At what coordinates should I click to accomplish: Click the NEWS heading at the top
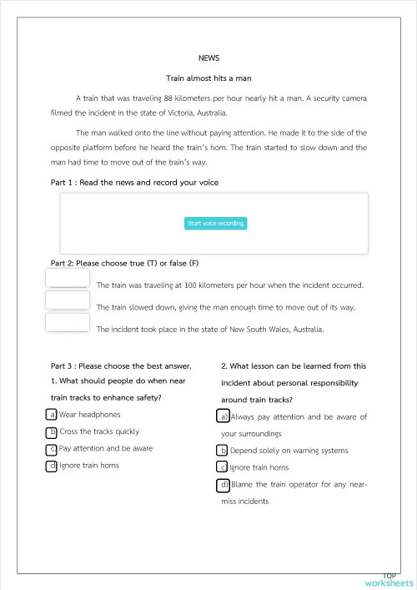(208, 58)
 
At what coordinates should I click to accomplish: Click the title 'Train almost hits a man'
(208, 78)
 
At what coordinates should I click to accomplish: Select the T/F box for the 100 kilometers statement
(68, 279)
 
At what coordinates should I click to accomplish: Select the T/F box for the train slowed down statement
(68, 300)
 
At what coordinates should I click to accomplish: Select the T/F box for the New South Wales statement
(68, 322)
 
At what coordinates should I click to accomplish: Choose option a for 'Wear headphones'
(52, 415)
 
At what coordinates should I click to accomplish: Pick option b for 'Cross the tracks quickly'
(52, 432)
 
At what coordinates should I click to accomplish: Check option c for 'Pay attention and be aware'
(52, 449)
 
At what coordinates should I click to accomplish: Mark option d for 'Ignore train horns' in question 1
(52, 466)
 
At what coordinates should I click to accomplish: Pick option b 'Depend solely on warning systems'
(222, 451)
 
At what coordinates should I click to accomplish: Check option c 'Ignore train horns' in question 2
(222, 467)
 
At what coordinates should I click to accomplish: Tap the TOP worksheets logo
(388, 580)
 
